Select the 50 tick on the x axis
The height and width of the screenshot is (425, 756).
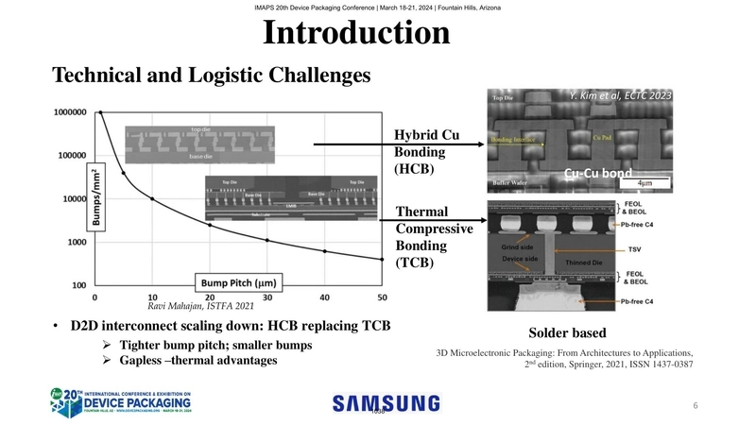point(381,298)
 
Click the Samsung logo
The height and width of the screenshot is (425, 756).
point(386,403)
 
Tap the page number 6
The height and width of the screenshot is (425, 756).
point(695,405)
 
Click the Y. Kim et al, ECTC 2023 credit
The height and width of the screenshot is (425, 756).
point(621,95)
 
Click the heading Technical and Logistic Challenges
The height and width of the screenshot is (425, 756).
point(211,74)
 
